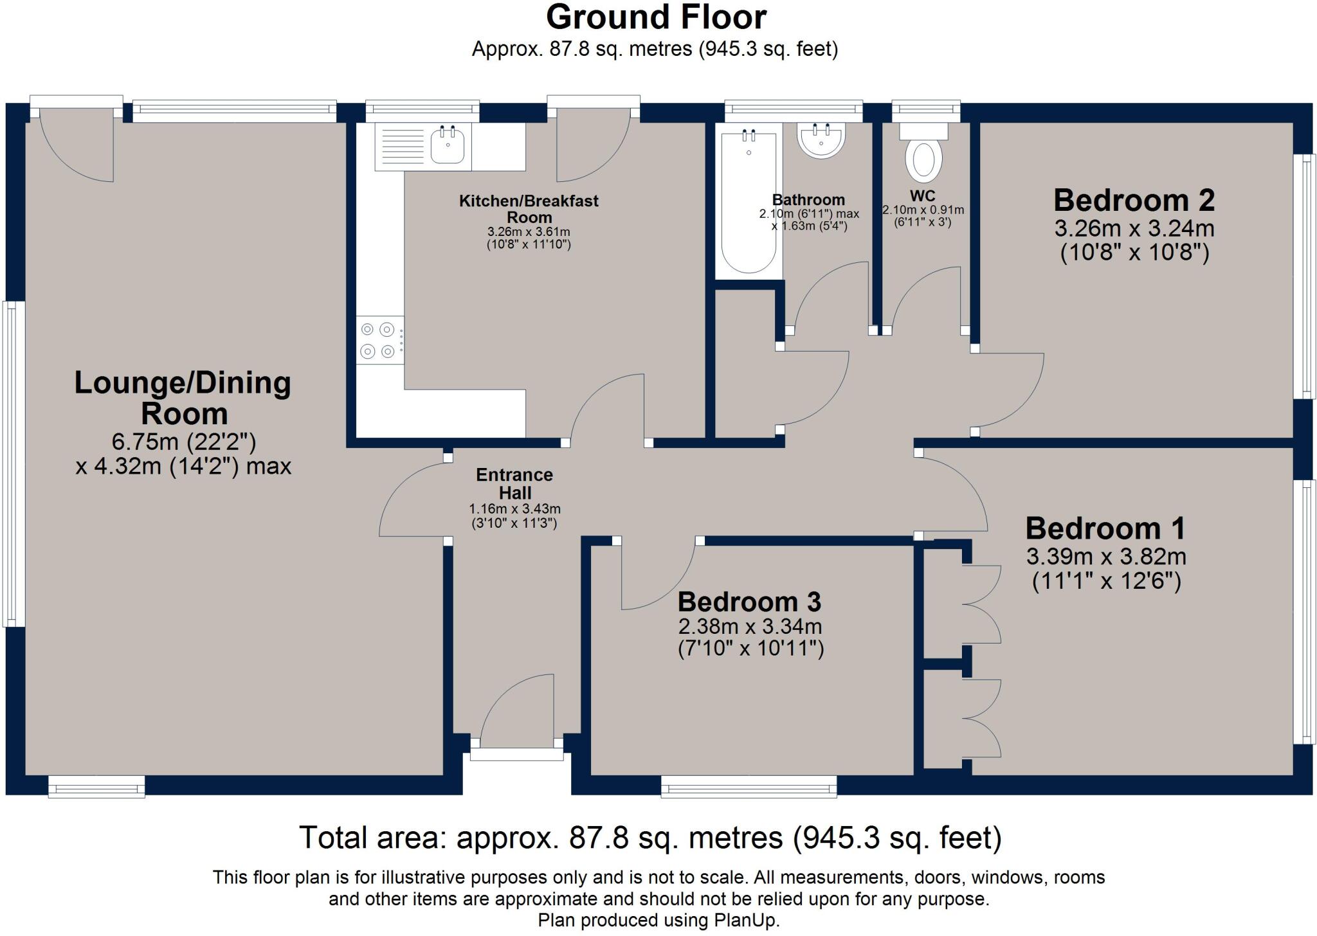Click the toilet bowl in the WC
pyautogui.click(x=923, y=159)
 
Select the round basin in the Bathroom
pyautogui.click(x=821, y=140)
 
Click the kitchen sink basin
pyautogui.click(x=448, y=146)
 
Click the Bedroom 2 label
pyautogui.click(x=1134, y=200)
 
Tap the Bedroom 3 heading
pyautogui.click(x=749, y=602)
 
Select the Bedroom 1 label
pyautogui.click(x=1105, y=528)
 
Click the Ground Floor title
pyautogui.click(x=656, y=17)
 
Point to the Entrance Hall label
pyautogui.click(x=514, y=483)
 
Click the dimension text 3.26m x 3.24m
pyautogui.click(x=1134, y=228)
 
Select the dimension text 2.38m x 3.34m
pyautogui.click(x=750, y=626)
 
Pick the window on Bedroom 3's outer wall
pyautogui.click(x=749, y=786)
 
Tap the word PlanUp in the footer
pyautogui.click(x=746, y=921)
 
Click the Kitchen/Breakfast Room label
pyautogui.click(x=529, y=209)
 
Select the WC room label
pyautogui.click(x=923, y=195)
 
